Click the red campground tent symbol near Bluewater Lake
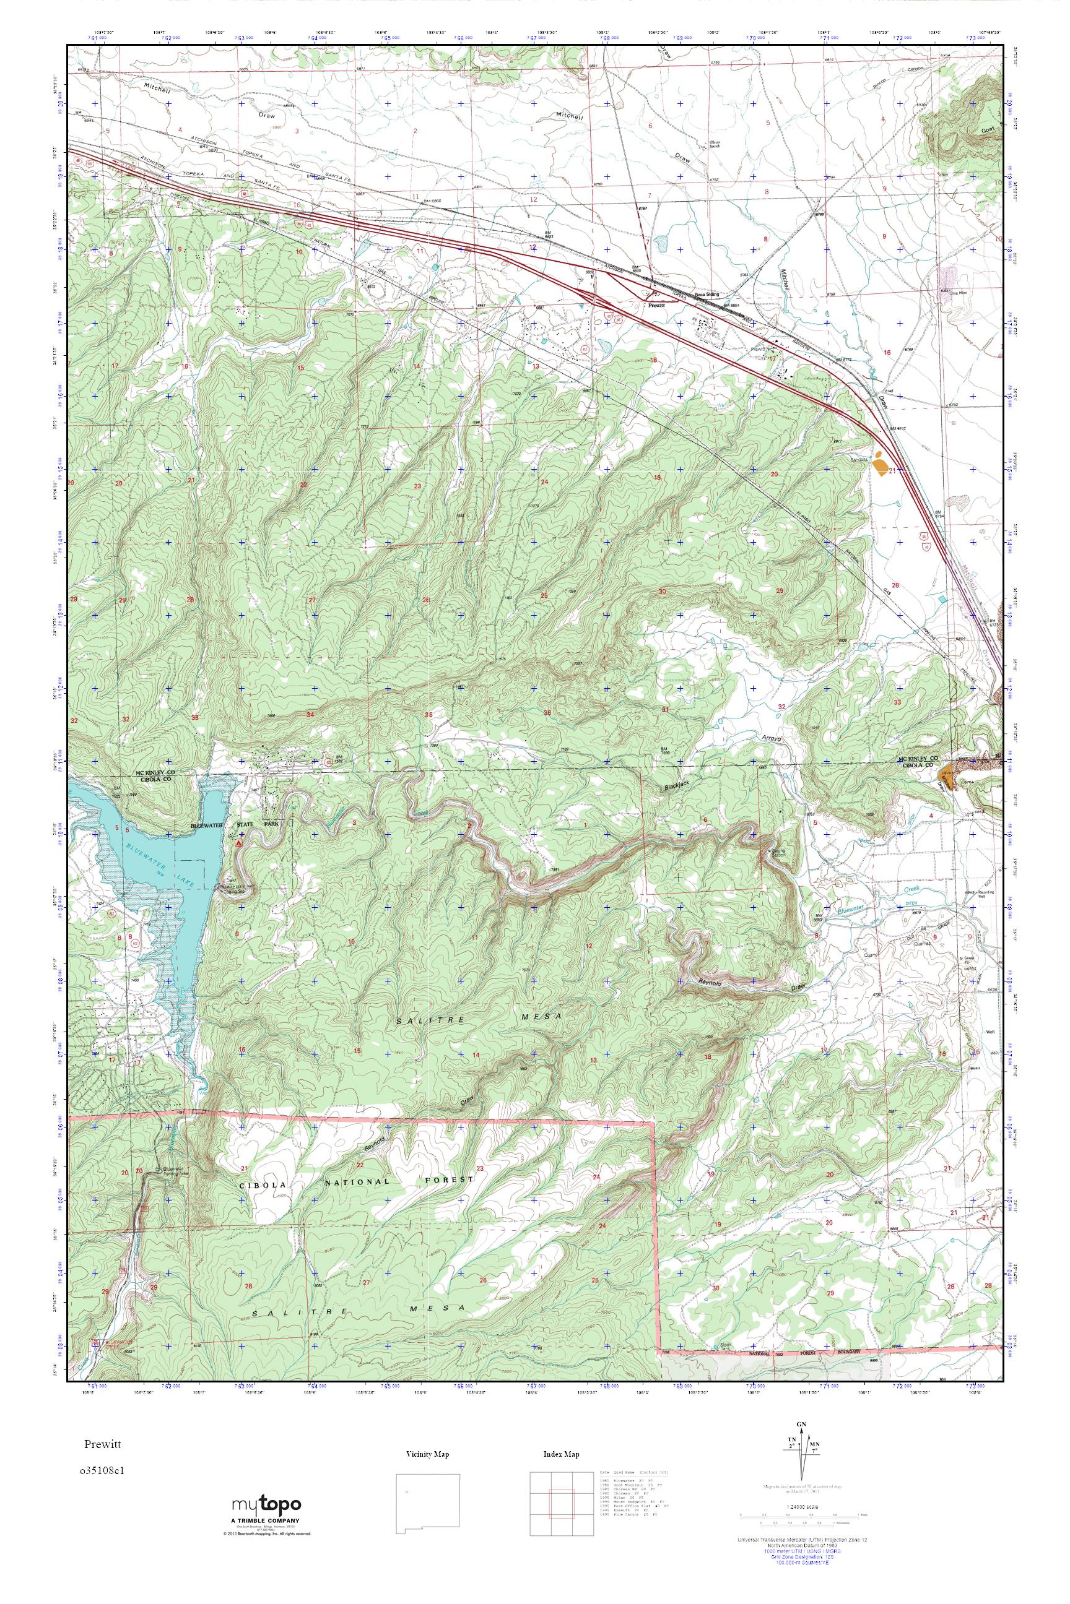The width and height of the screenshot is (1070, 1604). click(238, 843)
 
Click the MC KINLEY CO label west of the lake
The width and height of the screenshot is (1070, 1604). click(155, 773)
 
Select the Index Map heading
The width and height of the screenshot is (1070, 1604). click(561, 1454)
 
